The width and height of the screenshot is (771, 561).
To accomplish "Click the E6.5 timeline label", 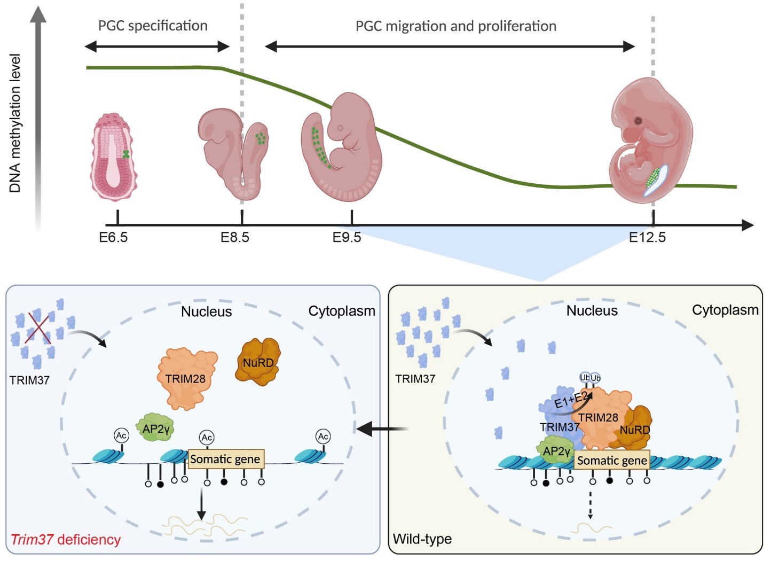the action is click(x=113, y=237).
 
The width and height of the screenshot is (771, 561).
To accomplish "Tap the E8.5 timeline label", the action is click(x=235, y=237).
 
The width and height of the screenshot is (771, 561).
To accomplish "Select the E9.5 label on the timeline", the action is click(x=347, y=237).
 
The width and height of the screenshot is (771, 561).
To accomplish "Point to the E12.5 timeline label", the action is click(x=647, y=237).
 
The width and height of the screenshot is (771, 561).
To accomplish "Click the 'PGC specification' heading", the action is click(x=153, y=26).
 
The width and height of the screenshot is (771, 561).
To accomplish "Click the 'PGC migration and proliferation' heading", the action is click(x=456, y=26).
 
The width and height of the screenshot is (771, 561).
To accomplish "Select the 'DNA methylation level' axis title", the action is click(x=15, y=123).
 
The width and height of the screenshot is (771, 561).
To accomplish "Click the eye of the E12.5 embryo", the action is click(x=638, y=121).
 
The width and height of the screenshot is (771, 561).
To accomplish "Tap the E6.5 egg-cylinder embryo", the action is click(x=114, y=157).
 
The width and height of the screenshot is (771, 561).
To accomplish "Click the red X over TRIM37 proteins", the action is click(x=38, y=328).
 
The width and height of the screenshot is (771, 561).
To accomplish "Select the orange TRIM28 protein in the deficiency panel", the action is click(x=187, y=378).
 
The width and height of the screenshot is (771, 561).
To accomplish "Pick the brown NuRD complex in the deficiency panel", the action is click(x=258, y=362).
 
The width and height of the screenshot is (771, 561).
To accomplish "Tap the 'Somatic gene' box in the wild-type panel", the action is click(x=612, y=460).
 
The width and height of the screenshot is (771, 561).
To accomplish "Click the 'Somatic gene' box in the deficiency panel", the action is click(x=226, y=459).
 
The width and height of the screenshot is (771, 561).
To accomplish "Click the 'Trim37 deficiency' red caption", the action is click(x=66, y=539).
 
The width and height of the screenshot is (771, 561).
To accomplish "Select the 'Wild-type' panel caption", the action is click(x=422, y=539).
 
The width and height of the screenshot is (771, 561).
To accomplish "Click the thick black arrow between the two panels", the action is click(x=382, y=429).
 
